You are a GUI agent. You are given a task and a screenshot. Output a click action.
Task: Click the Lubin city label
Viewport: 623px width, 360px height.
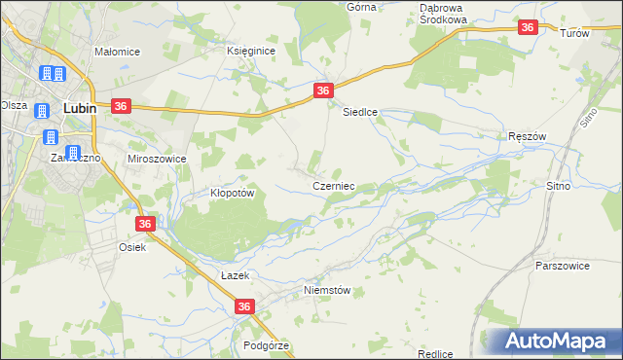pyautogui.click(x=79, y=109)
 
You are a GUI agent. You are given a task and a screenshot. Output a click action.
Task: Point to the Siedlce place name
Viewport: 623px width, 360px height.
pyautogui.click(x=359, y=112)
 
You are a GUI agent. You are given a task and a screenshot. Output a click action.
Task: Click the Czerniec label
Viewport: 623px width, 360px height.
pyautogui.click(x=332, y=185)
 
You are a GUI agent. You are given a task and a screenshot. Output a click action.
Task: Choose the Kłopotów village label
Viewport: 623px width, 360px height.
pyautogui.click(x=233, y=193)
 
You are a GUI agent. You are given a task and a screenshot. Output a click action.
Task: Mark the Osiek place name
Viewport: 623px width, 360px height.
pyautogui.click(x=132, y=247)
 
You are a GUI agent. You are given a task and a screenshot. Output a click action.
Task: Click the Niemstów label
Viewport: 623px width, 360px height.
pyautogui.click(x=326, y=290)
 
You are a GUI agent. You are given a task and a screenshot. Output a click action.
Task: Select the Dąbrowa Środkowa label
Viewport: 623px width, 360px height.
pyautogui.click(x=444, y=13)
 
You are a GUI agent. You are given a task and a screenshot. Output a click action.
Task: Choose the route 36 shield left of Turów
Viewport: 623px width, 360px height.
pyautogui.click(x=527, y=29)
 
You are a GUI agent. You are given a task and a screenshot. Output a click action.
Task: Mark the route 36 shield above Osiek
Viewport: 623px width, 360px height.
pyautogui.click(x=144, y=224)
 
